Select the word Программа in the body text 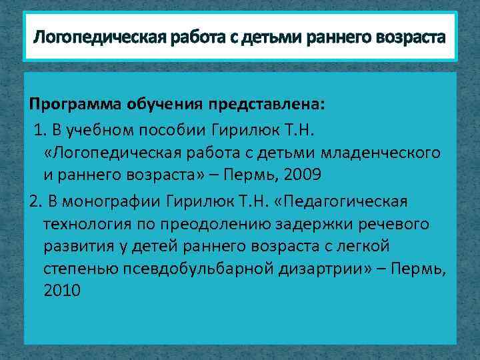pos(70,105)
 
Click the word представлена pos(266,105)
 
